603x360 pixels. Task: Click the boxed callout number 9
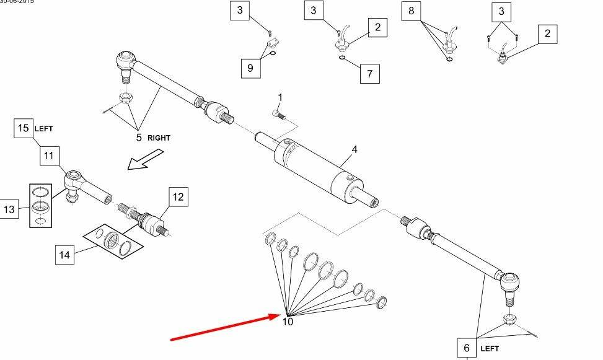tap(250, 68)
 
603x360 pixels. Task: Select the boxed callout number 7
tap(369, 74)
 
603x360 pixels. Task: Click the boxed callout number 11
tap(50, 156)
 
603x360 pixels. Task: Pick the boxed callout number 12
tap(178, 198)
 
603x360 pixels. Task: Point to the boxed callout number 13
tap(9, 210)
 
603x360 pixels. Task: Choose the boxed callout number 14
tap(65, 254)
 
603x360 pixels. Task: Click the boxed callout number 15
tap(24, 128)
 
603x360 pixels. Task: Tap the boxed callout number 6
tap(467, 348)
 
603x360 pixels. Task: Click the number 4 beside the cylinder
tap(354, 149)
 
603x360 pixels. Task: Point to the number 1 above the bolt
tap(279, 98)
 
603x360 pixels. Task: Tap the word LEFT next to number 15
tap(43, 129)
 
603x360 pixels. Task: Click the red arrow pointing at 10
tap(223, 327)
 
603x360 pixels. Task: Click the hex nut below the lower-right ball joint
tap(510, 319)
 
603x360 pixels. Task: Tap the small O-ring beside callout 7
tap(343, 59)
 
